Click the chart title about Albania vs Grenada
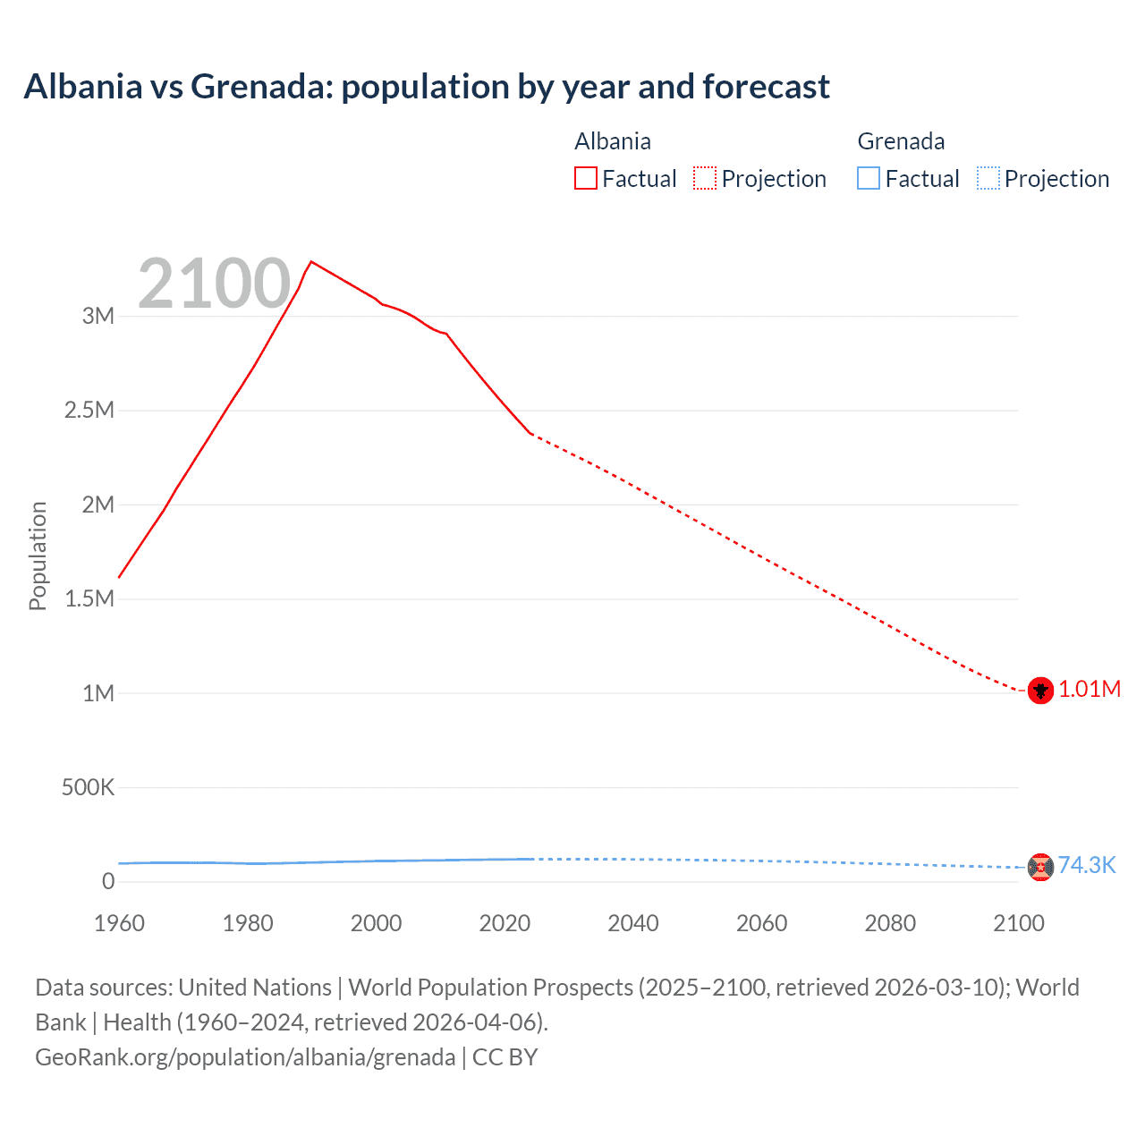click(427, 87)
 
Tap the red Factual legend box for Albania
click(586, 179)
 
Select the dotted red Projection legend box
click(705, 179)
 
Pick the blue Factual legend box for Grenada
click(869, 179)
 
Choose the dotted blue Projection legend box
click(988, 179)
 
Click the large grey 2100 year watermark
click(214, 284)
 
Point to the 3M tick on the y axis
click(98, 316)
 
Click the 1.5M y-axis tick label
click(89, 598)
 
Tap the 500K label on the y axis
click(88, 787)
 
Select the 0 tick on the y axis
click(108, 881)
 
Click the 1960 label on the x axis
click(119, 923)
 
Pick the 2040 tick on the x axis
click(633, 923)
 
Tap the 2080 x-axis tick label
click(890, 923)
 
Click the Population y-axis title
click(38, 556)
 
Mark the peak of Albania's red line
click(310, 262)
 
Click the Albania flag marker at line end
click(1040, 691)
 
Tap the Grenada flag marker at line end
click(1040, 867)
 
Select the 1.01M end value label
click(1090, 689)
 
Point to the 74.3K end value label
click(1087, 865)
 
